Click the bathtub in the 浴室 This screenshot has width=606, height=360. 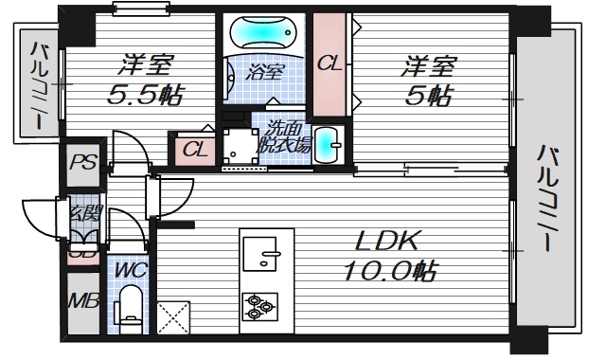pyautogui.click(x=267, y=33)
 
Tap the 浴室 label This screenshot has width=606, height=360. pyautogui.click(x=266, y=72)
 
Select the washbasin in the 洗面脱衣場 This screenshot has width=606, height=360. pyautogui.click(x=327, y=146)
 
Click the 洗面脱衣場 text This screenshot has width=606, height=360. pyautogui.click(x=286, y=136)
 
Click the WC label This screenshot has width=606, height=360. pyautogui.click(x=130, y=270)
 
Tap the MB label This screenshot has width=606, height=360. pyautogui.click(x=82, y=302)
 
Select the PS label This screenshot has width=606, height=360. pyautogui.click(x=82, y=160)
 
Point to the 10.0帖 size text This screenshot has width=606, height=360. pyautogui.click(x=389, y=272)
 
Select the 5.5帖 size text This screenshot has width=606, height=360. pyautogui.click(x=145, y=95)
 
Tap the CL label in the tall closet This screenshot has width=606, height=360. pyautogui.click(x=330, y=63)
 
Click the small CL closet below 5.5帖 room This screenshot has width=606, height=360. pyautogui.click(x=195, y=149)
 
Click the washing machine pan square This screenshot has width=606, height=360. pyautogui.click(x=237, y=146)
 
